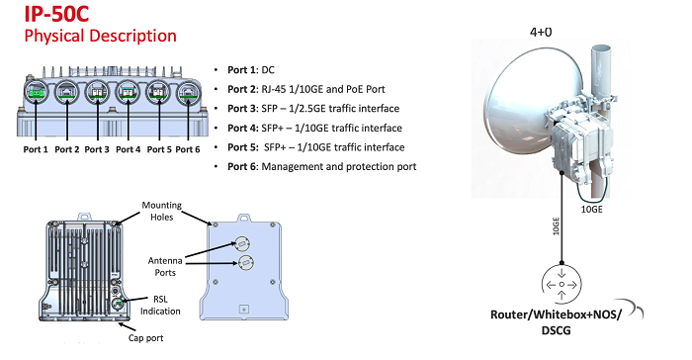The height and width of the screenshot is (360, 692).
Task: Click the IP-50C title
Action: pyautogui.click(x=56, y=13)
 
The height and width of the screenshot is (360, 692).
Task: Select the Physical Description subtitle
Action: pyautogui.click(x=100, y=36)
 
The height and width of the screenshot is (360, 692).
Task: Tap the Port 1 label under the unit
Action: pyautogui.click(x=36, y=149)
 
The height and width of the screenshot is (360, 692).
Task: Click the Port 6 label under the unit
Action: pyautogui.click(x=188, y=149)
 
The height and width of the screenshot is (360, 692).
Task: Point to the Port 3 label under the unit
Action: pyautogui.click(x=97, y=149)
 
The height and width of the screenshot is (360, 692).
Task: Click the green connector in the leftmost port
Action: pyautogui.click(x=36, y=93)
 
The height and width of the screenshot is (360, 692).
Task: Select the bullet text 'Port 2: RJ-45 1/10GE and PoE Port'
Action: pyautogui.click(x=306, y=89)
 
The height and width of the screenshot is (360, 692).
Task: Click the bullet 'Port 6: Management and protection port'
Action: pyautogui.click(x=321, y=166)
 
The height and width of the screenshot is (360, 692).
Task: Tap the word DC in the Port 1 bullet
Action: pyautogui.click(x=268, y=70)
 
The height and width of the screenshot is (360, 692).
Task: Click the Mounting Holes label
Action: pyautogui.click(x=161, y=211)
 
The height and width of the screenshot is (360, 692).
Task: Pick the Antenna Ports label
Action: pyautogui.click(x=165, y=267)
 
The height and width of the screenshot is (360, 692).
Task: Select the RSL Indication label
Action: pyautogui.click(x=160, y=306)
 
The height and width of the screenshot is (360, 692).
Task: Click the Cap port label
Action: pyautogui.click(x=145, y=338)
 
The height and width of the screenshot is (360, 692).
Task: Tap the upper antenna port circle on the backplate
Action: pyautogui.click(x=242, y=243)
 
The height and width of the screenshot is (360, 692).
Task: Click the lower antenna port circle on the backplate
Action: pyautogui.click(x=245, y=262)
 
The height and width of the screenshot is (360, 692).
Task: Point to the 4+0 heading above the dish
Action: pyautogui.click(x=541, y=32)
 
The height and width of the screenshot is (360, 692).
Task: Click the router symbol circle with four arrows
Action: pyautogui.click(x=562, y=284)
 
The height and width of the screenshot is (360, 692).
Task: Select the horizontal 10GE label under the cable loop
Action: pyautogui.click(x=591, y=210)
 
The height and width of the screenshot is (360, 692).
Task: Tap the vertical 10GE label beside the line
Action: pyautogui.click(x=556, y=226)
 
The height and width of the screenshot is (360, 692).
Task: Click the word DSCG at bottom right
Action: pyautogui.click(x=556, y=330)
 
